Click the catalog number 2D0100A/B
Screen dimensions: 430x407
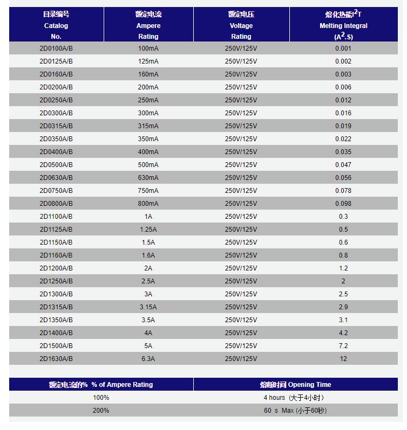[x=56, y=48]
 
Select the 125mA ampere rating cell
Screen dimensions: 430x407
[x=148, y=61]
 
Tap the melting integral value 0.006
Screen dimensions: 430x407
[x=343, y=87]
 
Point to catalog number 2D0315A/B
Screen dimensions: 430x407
[x=56, y=126]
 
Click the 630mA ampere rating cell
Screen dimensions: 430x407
[x=148, y=178]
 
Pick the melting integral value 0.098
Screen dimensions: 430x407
[x=343, y=204]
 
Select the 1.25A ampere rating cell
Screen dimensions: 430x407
[x=148, y=230]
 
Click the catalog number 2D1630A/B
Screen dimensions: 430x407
[x=56, y=359]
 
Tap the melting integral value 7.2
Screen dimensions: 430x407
[x=343, y=346]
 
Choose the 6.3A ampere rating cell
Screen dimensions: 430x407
[x=148, y=359]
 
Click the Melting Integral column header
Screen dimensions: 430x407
[x=343, y=25]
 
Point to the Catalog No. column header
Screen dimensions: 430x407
[x=56, y=25]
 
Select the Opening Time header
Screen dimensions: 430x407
[x=295, y=385]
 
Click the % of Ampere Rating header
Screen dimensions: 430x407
[x=101, y=385]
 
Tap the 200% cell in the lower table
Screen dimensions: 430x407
[x=101, y=411]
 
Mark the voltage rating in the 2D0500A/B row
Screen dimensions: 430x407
[x=241, y=165]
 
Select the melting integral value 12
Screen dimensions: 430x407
[x=343, y=359]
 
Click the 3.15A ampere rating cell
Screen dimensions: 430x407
[x=148, y=307]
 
